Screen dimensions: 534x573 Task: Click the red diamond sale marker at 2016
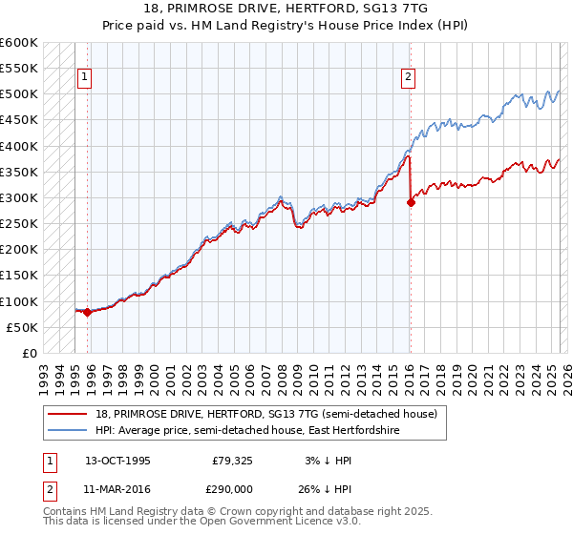point(411,202)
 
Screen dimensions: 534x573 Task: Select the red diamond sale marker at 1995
point(87,312)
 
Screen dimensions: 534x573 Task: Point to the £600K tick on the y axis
point(19,43)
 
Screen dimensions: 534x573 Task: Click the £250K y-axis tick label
point(19,224)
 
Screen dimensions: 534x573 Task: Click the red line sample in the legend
point(68,414)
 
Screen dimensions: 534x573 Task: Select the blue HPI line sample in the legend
point(68,431)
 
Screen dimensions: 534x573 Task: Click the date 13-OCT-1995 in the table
point(117,460)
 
